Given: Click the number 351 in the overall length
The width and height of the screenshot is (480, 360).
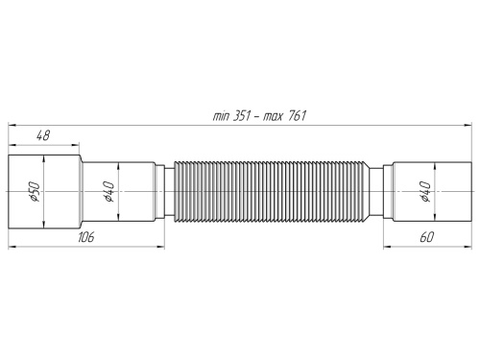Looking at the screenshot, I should (243, 115).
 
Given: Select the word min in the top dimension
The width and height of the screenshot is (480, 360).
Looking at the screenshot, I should (221, 115).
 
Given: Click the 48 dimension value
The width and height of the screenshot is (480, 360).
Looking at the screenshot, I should (42, 138).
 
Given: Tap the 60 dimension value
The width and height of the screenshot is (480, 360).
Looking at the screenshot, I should (423, 235).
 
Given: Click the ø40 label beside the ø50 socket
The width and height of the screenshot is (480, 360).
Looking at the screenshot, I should (110, 195).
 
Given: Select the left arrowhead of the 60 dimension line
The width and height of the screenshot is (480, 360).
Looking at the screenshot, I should (387, 244).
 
